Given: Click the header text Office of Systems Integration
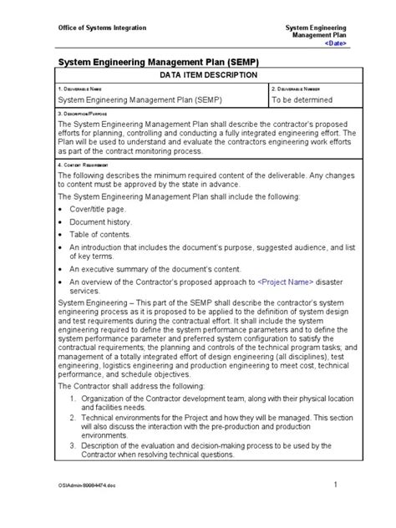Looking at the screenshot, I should point(101,28).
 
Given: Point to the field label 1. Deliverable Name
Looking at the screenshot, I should point(81,88).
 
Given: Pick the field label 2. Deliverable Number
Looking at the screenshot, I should point(297,88).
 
